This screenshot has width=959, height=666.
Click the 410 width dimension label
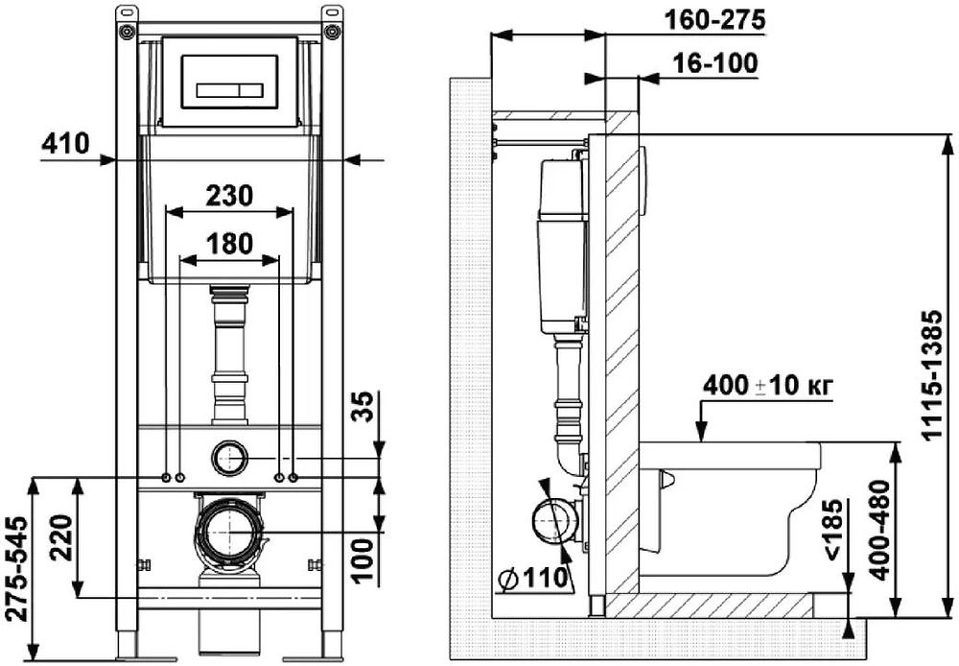pyautogui.click(x=65, y=144)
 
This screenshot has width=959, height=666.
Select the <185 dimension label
pyautogui.click(x=832, y=532)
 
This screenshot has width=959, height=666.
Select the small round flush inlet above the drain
pyautogui.click(x=229, y=459)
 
